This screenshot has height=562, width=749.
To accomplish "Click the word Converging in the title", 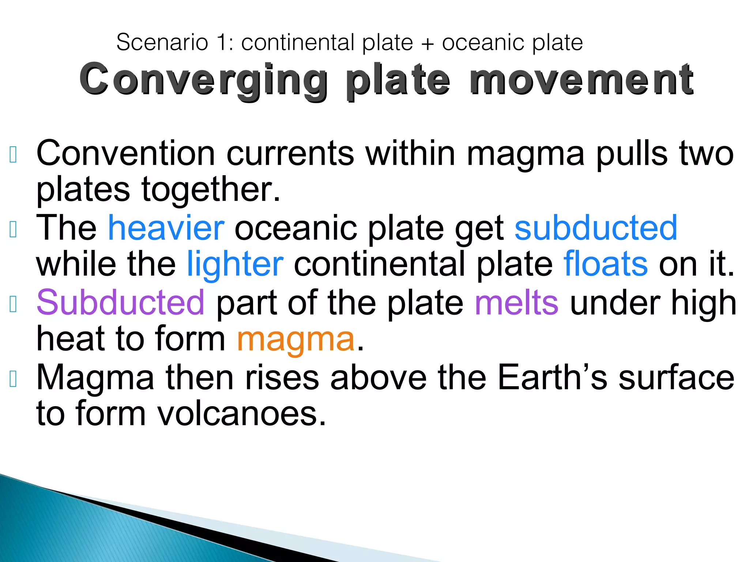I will coord(203,80).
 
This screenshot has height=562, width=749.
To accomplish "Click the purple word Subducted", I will coord(120,303).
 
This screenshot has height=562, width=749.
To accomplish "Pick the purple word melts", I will coord(516,303).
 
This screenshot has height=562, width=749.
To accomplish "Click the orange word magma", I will coord(296,339).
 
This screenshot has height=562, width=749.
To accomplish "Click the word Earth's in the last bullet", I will coord(553,377).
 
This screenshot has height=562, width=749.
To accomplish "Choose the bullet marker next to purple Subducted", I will coord(13,304).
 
